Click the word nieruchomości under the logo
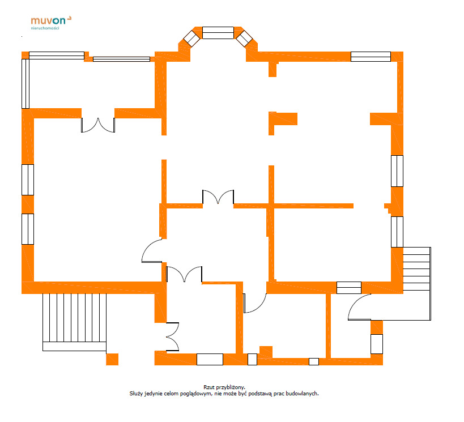(x=45, y=28)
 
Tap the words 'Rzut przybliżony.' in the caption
(x=224, y=387)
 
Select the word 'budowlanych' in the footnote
(x=302, y=394)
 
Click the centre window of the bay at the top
(x=218, y=33)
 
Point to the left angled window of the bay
(x=191, y=39)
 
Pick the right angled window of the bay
(x=244, y=39)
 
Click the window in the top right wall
(x=371, y=57)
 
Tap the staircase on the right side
(x=417, y=283)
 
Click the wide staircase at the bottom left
(x=74, y=322)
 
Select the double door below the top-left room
(x=98, y=125)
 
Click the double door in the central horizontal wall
(x=218, y=197)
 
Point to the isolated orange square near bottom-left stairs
(x=112, y=359)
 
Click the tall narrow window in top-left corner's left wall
(x=25, y=84)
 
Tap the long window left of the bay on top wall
(x=121, y=59)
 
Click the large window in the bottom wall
(x=210, y=359)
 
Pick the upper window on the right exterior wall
(x=397, y=171)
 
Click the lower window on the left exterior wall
(x=28, y=229)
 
